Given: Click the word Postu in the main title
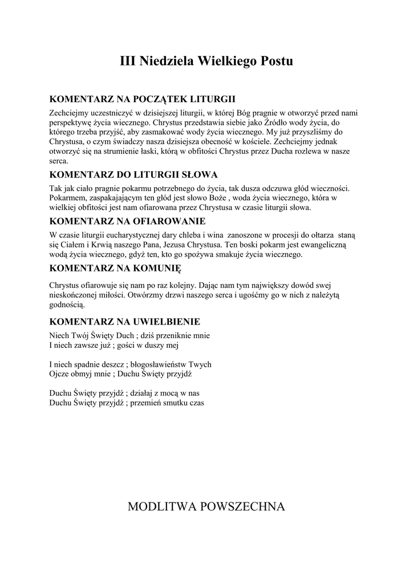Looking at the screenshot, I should (x=277, y=61).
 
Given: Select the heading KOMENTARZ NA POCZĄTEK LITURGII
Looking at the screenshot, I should (x=143, y=99).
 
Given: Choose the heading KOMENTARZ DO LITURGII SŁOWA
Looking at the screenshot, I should (x=133, y=175).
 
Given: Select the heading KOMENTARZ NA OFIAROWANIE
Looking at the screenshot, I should (x=127, y=221).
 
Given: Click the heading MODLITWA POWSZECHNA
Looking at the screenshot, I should (x=206, y=506).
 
